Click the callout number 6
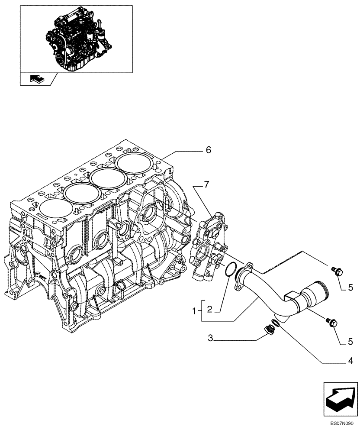click(x=208, y=150)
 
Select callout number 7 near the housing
click(x=206, y=185)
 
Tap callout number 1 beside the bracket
click(x=195, y=310)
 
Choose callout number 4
click(x=350, y=360)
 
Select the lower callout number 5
click(x=350, y=342)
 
